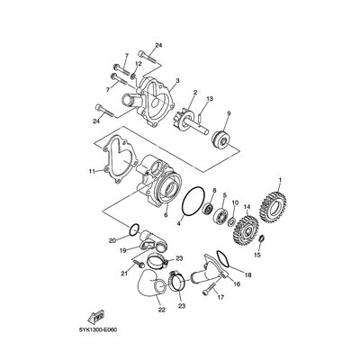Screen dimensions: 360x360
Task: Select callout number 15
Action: click(258, 256)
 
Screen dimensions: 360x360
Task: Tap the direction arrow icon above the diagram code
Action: click(94, 317)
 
